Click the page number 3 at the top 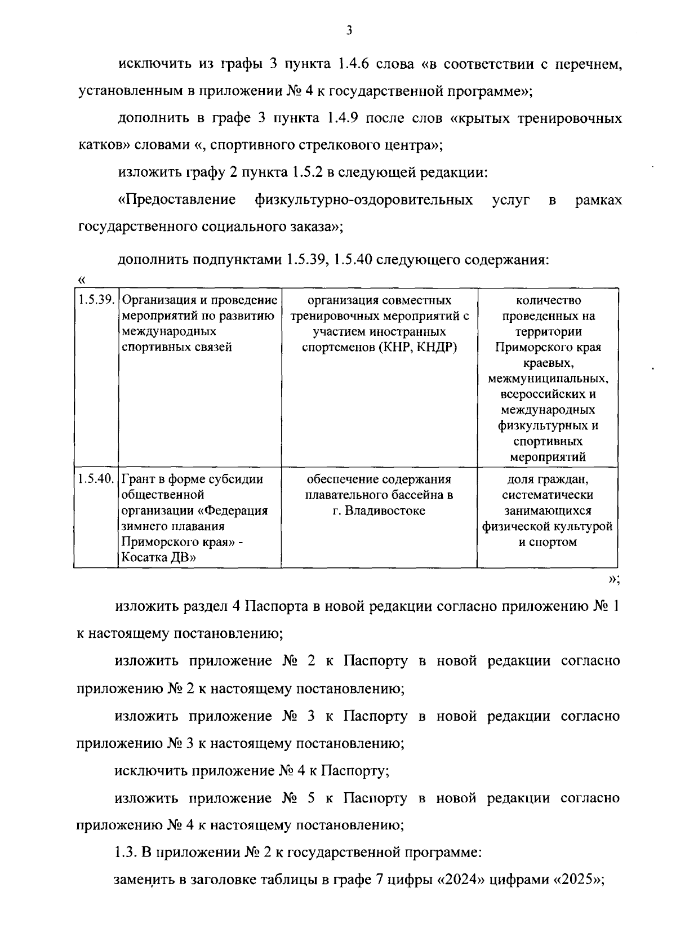point(349,31)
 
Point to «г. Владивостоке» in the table point(379,511)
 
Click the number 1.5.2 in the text point(306,172)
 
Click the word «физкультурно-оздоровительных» point(363,200)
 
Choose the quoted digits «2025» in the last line point(579,880)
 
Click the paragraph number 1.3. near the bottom point(126,853)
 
